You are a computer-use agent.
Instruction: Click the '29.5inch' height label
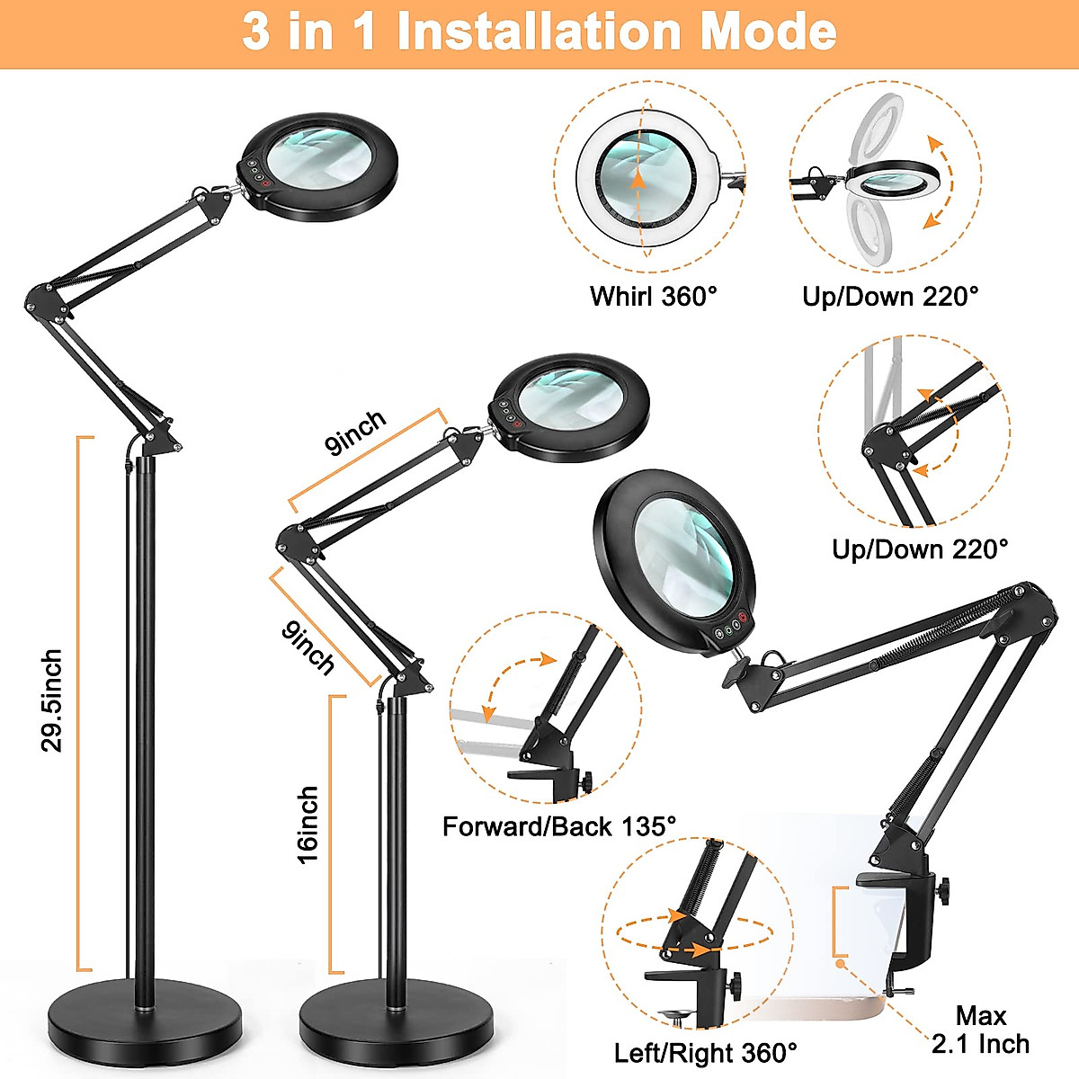(52, 701)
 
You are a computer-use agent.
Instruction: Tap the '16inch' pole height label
(308, 825)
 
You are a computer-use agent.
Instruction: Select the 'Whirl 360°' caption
(654, 296)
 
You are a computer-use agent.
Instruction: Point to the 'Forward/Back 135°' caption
(558, 826)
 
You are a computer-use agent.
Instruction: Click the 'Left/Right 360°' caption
(705, 1053)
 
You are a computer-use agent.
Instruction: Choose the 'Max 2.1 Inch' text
(980, 1030)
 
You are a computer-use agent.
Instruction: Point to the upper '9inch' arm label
(356, 432)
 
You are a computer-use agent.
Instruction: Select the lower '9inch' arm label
(308, 647)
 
